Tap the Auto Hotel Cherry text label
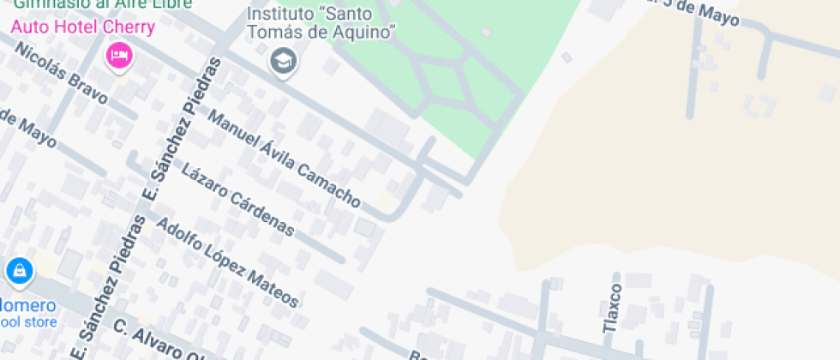coord(82,27)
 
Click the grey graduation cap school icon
coord(282,61)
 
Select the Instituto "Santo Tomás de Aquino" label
coord(321,23)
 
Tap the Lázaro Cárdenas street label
coord(238,199)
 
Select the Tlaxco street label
coord(611,308)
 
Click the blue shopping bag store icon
coord(19,272)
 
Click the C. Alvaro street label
coord(159,341)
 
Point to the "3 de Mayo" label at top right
coord(695,9)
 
